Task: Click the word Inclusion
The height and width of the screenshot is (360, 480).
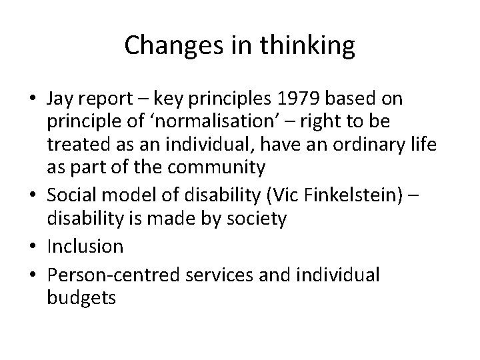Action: point(85,247)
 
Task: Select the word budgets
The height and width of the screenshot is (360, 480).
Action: point(81,298)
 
